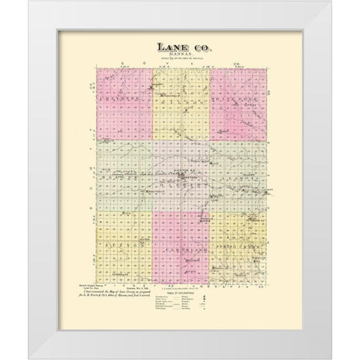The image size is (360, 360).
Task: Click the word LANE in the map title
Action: pyautogui.click(x=169, y=48)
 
